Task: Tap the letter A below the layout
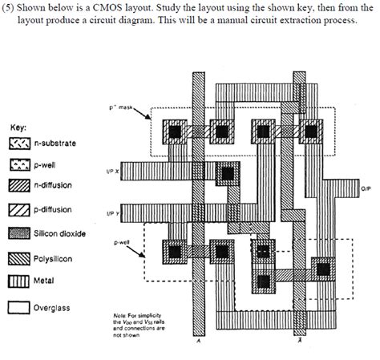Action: pyautogui.click(x=198, y=340)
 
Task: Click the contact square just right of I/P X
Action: pyautogui.click(x=228, y=172)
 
